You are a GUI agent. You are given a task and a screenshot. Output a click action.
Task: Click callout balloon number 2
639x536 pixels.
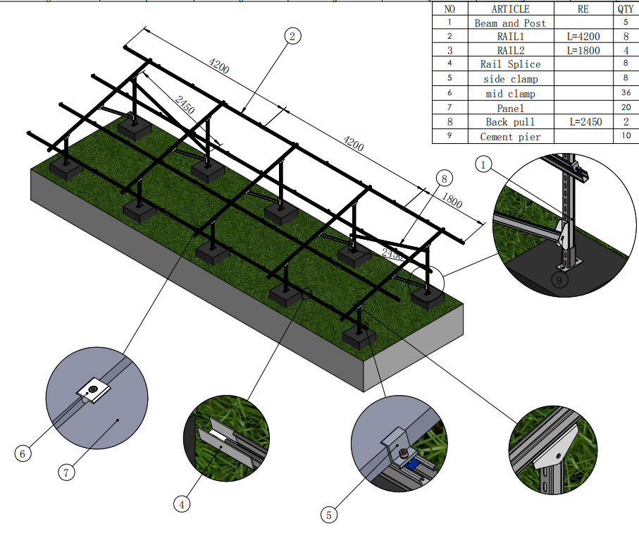pos(292,36)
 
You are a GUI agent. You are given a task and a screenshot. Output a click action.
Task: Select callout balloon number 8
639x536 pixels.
pos(444,178)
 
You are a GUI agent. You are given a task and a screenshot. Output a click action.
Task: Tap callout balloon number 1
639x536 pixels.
pos(483,165)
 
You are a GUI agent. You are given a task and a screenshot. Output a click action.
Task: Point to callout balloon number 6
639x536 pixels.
pos(23,453)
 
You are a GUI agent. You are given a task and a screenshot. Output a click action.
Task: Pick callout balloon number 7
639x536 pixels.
pos(66,473)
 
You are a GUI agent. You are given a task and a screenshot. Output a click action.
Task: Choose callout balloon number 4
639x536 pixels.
pos(182,504)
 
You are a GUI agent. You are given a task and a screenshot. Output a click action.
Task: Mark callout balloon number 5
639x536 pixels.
pos(328,515)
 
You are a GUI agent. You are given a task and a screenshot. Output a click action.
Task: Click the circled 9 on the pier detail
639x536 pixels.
pos(559,280)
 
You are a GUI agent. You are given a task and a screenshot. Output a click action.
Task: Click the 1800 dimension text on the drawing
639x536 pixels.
pos(452,203)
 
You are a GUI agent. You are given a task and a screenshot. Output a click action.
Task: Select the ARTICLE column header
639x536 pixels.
pos(510,9)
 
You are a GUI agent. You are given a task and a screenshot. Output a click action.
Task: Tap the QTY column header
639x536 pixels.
pos(626,9)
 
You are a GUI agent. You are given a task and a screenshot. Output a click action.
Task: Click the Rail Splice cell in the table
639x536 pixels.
pos(510,64)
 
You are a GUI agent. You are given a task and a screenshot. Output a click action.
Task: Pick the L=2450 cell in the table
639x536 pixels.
pos(583,122)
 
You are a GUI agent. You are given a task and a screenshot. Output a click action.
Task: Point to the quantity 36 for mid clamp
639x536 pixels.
pos(626,93)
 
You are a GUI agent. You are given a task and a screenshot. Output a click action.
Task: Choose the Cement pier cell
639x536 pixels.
pos(510,136)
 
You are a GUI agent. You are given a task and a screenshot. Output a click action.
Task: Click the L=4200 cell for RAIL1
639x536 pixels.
pos(583,36)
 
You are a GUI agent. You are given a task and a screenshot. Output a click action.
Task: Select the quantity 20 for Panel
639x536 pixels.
pos(626,108)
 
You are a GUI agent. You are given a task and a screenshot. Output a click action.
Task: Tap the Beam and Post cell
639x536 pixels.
pos(510,23)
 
